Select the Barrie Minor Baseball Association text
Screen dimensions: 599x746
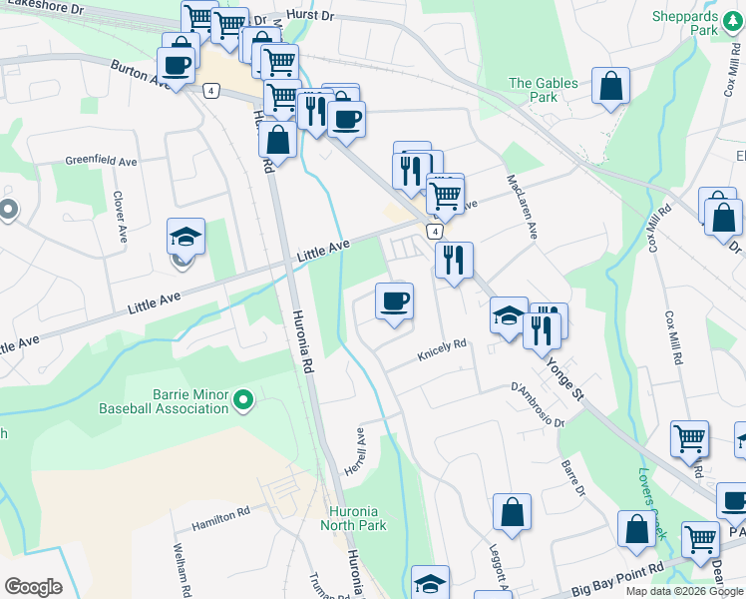tap(164, 400)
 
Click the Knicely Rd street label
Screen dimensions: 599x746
tap(442, 345)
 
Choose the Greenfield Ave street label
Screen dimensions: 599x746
tap(102, 160)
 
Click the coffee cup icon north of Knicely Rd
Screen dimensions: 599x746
tap(394, 300)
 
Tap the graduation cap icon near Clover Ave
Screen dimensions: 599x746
tap(186, 237)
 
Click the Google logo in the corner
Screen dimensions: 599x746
tap(32, 587)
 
